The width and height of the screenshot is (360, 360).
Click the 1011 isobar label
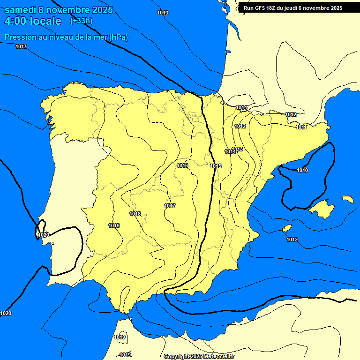[301, 127]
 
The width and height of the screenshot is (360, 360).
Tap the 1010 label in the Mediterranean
[302, 170]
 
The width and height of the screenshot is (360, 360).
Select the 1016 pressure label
[182, 166]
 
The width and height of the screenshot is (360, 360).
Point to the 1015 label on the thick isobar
[216, 166]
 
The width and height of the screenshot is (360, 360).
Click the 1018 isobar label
[135, 214]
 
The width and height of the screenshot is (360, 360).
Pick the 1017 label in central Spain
[170, 206]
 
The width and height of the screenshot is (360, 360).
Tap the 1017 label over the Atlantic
[21, 46]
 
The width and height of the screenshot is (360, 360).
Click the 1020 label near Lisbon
[44, 235]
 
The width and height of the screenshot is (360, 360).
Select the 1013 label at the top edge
[163, 13]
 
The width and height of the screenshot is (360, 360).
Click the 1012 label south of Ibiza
[292, 240]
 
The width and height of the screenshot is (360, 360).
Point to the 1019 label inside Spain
[113, 225]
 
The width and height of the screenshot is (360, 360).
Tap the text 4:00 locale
[33, 21]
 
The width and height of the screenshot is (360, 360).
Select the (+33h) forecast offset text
[81, 21]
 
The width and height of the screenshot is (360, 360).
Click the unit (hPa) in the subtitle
[118, 37]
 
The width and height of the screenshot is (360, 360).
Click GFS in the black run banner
[261, 8]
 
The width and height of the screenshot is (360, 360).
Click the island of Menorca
[347, 199]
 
